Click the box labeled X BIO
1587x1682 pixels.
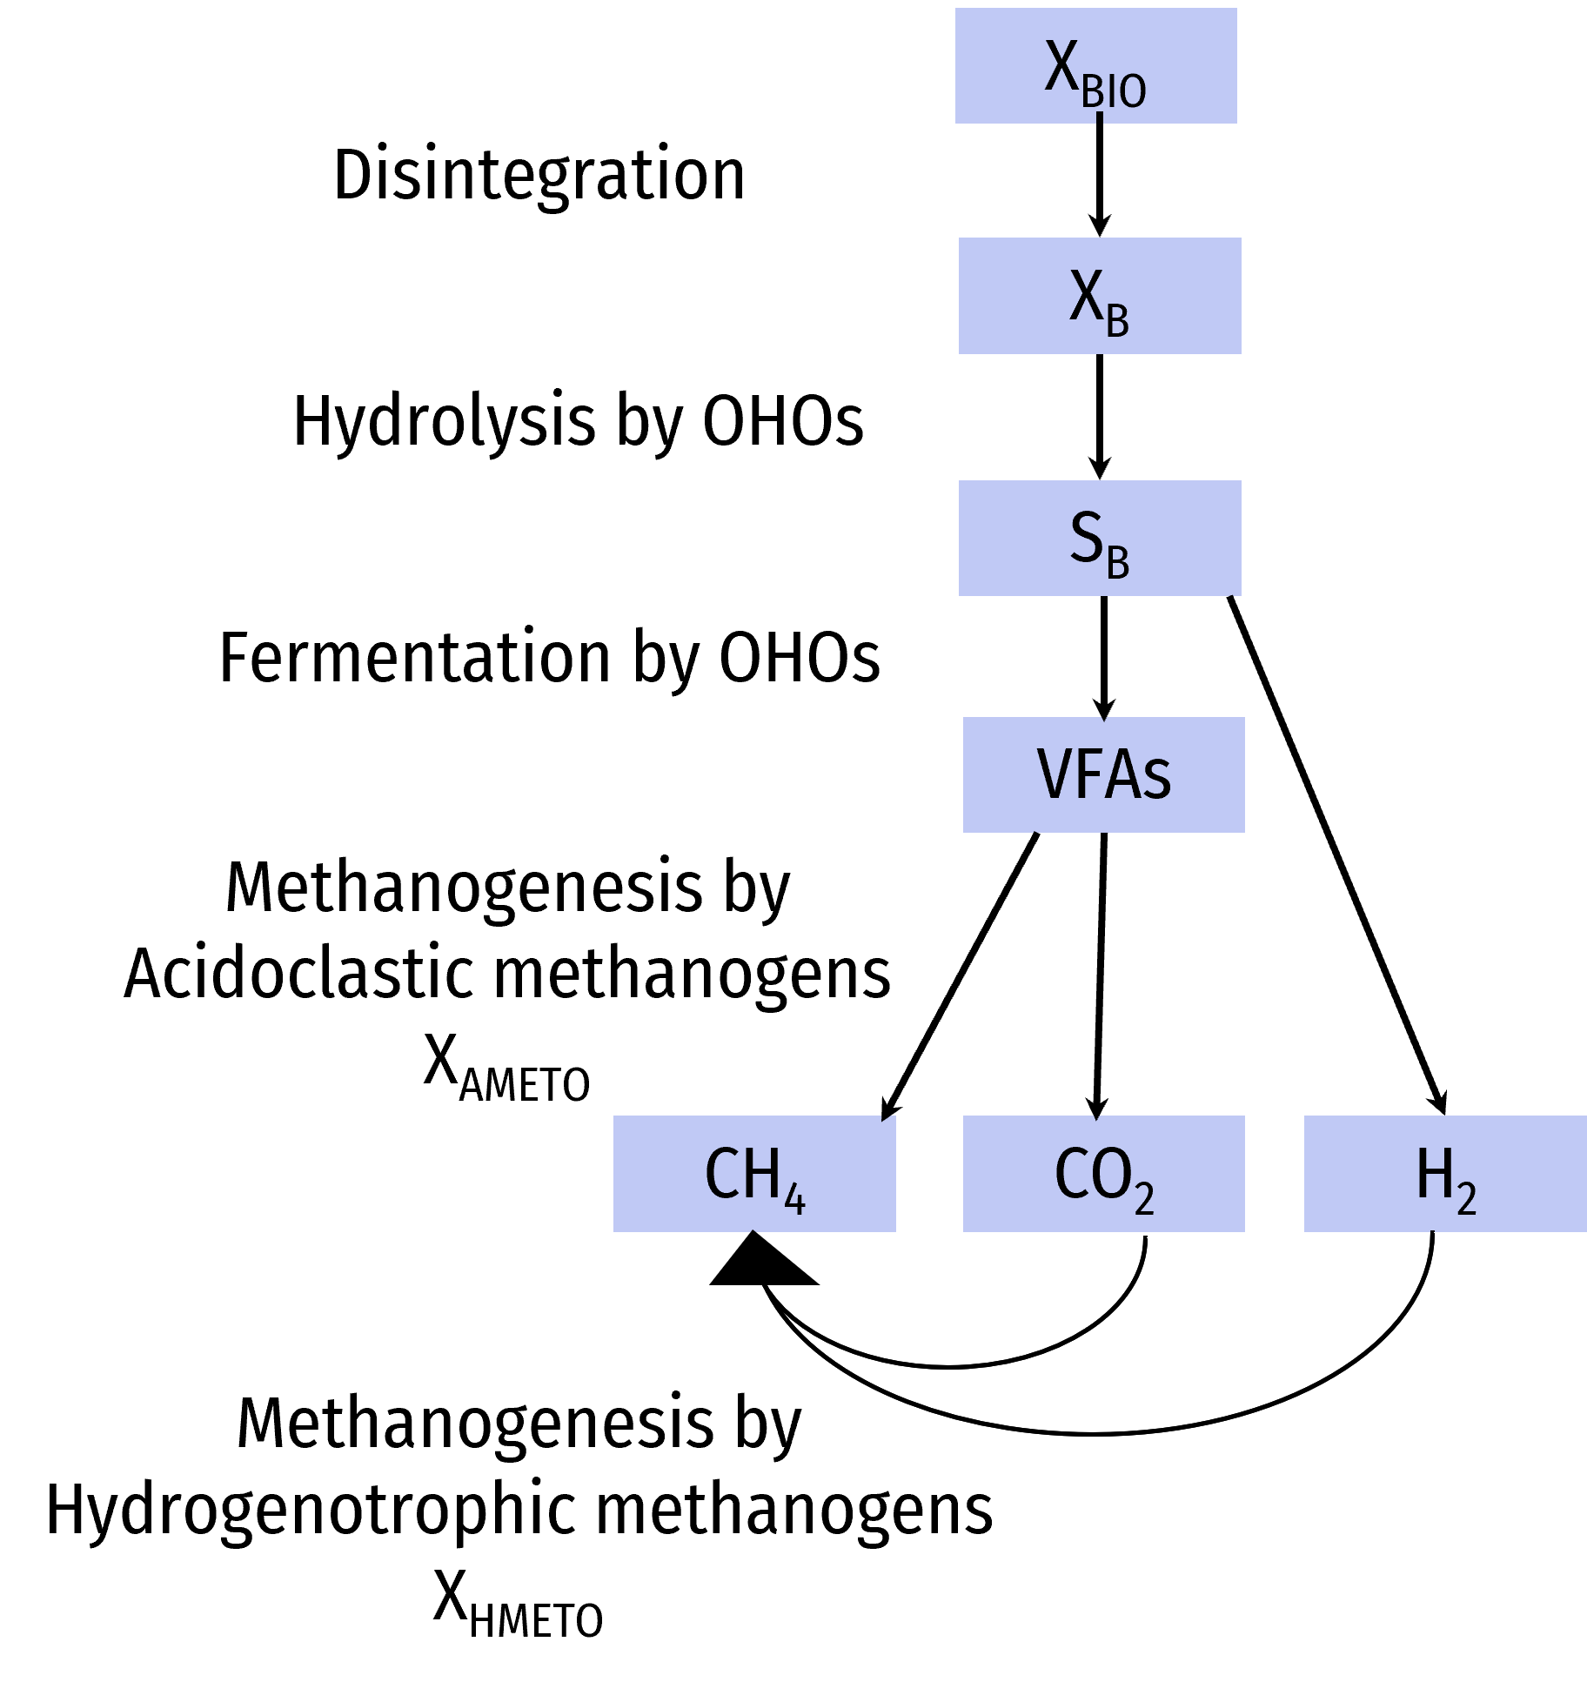(1095, 66)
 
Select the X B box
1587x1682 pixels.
(1100, 296)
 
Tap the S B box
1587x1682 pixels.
(1100, 538)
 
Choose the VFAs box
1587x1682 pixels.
(1103, 774)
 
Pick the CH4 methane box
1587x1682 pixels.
(754, 1173)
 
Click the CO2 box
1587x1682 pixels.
(1103, 1173)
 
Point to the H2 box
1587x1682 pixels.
(1444, 1173)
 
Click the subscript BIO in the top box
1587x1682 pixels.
(1114, 91)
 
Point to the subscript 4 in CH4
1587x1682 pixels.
(794, 1200)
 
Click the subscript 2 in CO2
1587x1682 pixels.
(1144, 1200)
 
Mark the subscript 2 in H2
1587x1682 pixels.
(1466, 1200)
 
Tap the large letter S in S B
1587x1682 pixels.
(1086, 536)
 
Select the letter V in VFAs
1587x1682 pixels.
(1055, 774)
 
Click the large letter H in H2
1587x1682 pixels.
(1434, 1172)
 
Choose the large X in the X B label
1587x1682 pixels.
(1086, 296)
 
